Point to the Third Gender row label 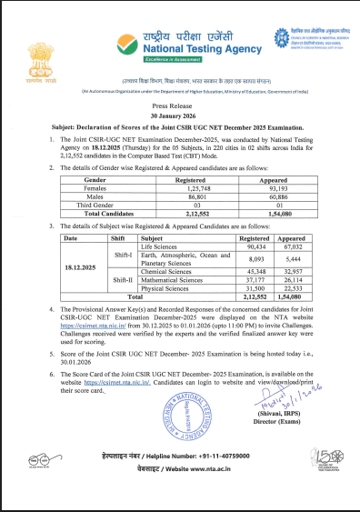(103, 204)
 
